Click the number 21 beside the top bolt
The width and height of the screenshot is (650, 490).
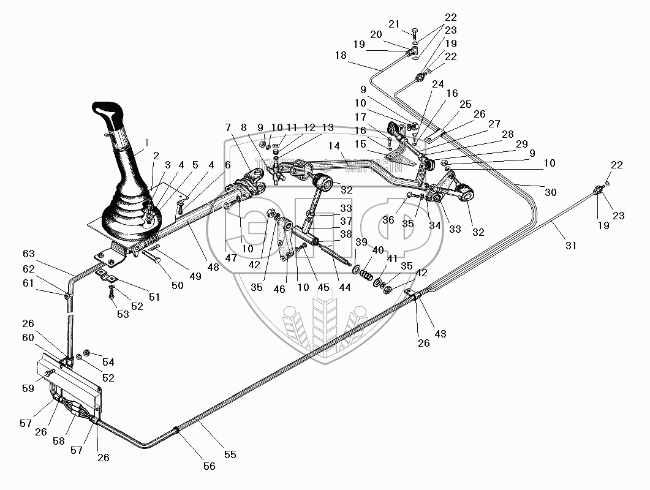pyautogui.click(x=394, y=24)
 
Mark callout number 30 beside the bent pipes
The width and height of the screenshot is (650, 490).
pyautogui.click(x=551, y=193)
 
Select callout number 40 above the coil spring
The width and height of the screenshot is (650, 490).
pyautogui.click(x=378, y=251)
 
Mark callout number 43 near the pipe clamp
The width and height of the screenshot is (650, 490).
pyautogui.click(x=440, y=334)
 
